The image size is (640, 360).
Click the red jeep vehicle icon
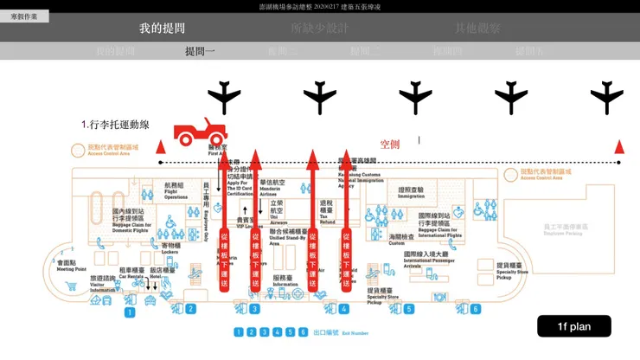coord(201,132)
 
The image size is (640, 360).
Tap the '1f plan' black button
coord(573,326)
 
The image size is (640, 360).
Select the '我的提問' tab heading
coord(162,29)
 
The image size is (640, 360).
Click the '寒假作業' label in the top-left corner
coord(23,16)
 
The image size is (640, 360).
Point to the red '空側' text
coord(390,145)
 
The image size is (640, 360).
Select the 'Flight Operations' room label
coord(176,191)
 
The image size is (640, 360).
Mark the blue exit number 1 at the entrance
coord(129,312)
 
